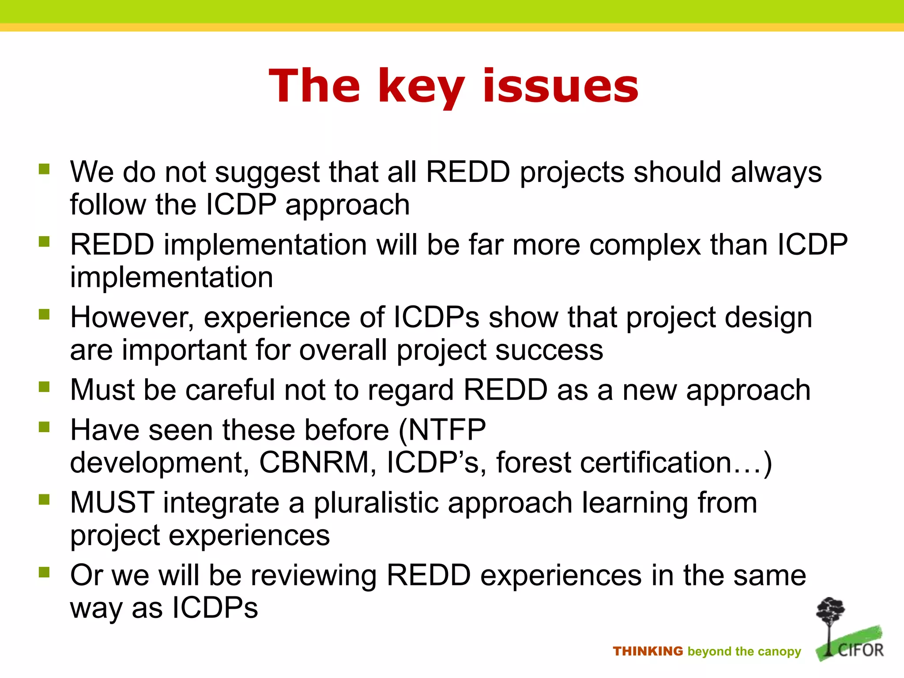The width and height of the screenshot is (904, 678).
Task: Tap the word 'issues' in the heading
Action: pyautogui.click(x=561, y=87)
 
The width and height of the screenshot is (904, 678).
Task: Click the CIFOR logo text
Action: pyautogui.click(x=860, y=650)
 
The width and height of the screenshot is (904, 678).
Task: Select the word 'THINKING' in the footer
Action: pyautogui.click(x=648, y=651)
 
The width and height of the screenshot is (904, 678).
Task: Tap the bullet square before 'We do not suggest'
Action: pyautogui.click(x=44, y=169)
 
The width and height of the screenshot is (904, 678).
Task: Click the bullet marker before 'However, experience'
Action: pyautogui.click(x=44, y=314)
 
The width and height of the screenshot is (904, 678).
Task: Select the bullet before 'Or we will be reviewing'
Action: pyautogui.click(x=44, y=572)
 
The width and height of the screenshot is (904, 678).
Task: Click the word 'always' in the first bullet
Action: pyautogui.click(x=776, y=172)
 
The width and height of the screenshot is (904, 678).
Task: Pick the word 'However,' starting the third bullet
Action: pyautogui.click(x=132, y=318)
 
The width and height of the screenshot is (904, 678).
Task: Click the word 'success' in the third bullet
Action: pyautogui.click(x=549, y=350)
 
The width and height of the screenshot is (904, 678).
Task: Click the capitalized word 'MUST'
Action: pyautogui.click(x=112, y=503)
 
